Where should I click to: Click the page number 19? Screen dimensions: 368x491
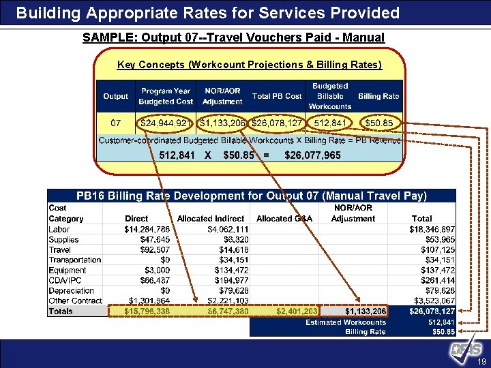[x=481, y=361]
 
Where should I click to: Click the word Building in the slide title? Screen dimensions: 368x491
[x=46, y=13]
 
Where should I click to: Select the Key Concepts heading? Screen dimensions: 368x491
[x=250, y=65]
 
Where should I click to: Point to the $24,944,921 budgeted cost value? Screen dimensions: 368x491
[x=166, y=123]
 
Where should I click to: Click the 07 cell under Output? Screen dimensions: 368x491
[x=115, y=123]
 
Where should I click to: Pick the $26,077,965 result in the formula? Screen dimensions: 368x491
[x=312, y=155]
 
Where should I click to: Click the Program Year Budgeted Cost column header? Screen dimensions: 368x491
[x=166, y=96]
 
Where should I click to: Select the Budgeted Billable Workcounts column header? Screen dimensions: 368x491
[x=330, y=96]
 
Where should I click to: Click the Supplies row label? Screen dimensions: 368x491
[x=63, y=239]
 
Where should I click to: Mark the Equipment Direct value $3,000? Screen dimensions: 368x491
[x=155, y=271]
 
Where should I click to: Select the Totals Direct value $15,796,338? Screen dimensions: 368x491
[x=147, y=311]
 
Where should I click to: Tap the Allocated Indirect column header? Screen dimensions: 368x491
[x=210, y=219]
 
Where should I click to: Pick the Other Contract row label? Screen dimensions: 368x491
[x=75, y=301]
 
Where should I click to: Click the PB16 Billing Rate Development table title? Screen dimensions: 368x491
[x=252, y=196]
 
